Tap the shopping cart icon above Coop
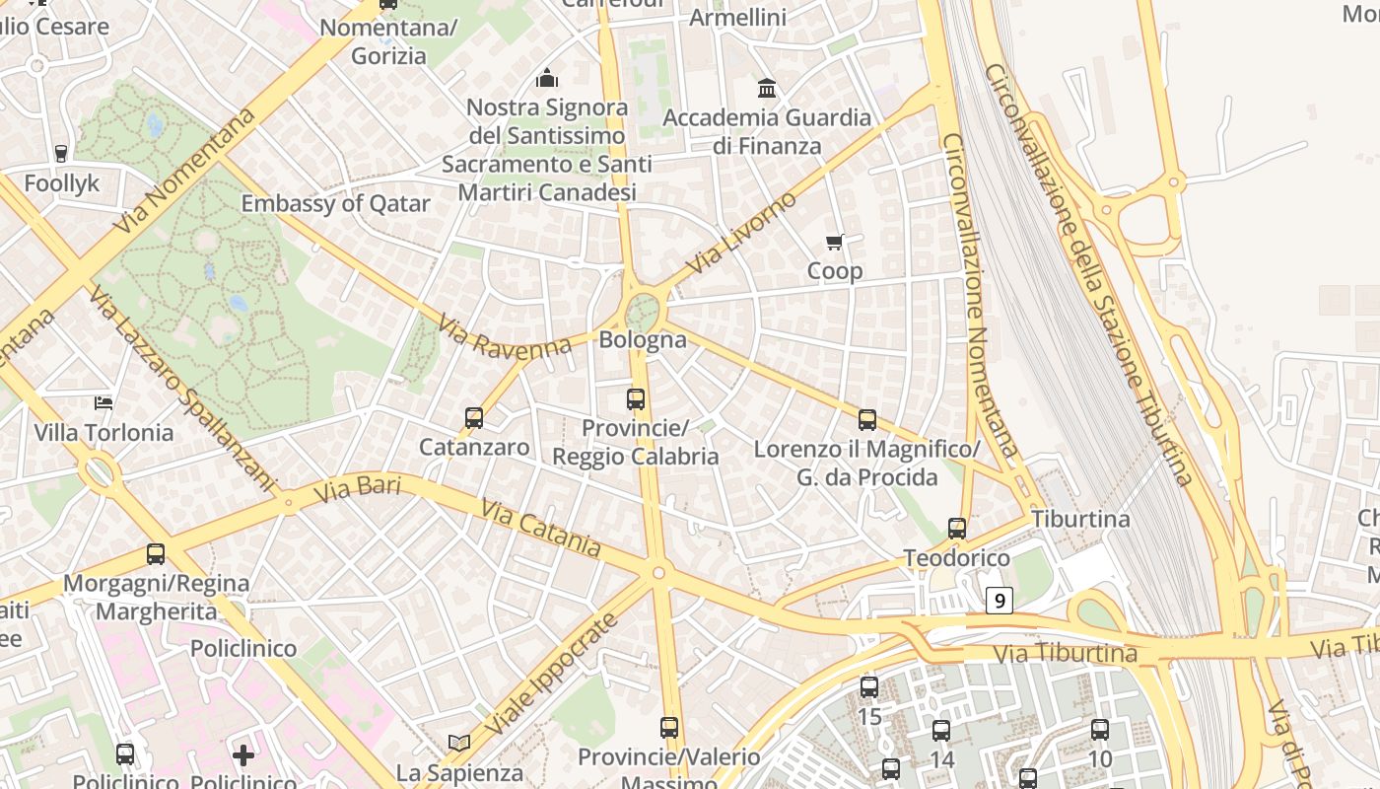point(835,242)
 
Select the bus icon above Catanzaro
point(474,418)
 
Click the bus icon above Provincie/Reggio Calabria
point(636,399)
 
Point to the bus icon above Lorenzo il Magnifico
point(867,420)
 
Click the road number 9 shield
point(1000,600)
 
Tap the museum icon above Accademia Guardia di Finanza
point(767,89)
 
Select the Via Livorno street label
point(741,235)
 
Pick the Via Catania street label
point(540,529)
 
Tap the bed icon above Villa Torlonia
point(103,402)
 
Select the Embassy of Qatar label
point(335,204)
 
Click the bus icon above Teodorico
point(957,529)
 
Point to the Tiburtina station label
point(1080,519)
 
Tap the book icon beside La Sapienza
point(458,742)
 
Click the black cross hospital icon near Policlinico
point(243,755)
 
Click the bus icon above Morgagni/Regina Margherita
point(156,554)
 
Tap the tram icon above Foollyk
point(61,153)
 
